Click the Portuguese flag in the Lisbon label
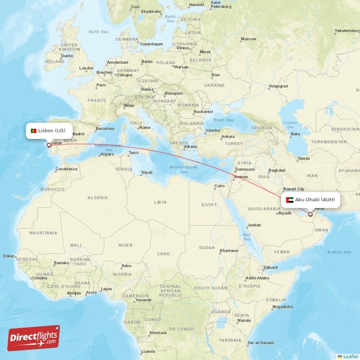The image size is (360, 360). [33, 130]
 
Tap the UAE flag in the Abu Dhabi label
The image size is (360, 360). [289, 199]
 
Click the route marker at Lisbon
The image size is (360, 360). [49, 145]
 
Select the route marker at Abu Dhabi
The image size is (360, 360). [310, 214]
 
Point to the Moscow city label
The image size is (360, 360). [248, 39]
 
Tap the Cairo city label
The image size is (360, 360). [219, 186]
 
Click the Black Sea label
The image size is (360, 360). [223, 120]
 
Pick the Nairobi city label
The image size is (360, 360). [244, 320]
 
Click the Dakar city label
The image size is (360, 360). [9, 256]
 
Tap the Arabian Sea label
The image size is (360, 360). [339, 252]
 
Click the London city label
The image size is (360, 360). [86, 68]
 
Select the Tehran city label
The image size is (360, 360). [303, 158]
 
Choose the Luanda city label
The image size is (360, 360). [148, 351]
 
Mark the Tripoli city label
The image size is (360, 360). [147, 172]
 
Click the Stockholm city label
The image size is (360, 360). [151, 11]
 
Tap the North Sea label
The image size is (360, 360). [99, 32]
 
